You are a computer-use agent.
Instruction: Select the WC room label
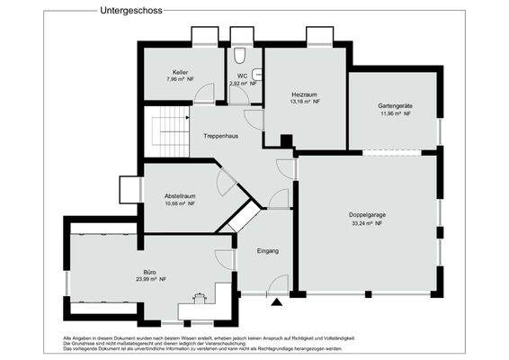click(x=242, y=76)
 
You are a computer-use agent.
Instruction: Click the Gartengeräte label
click(x=394, y=106)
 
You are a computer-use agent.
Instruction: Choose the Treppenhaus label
click(x=219, y=136)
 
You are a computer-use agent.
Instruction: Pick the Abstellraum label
click(x=180, y=195)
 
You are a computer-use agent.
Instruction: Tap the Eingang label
click(x=268, y=250)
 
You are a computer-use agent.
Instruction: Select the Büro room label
click(x=149, y=271)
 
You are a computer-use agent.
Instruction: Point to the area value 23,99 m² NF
click(x=149, y=280)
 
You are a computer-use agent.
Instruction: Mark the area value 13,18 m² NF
click(x=305, y=102)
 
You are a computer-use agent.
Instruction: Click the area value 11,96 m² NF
click(x=394, y=114)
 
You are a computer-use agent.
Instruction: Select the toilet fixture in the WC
click(x=256, y=76)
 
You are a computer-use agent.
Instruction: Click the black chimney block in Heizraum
click(x=286, y=140)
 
